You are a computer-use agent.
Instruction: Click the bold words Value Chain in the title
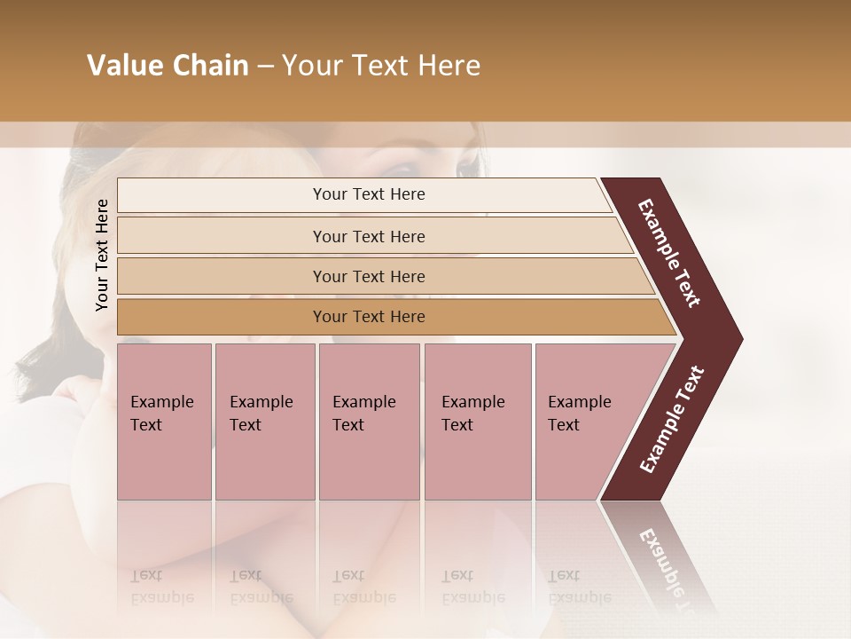(168, 66)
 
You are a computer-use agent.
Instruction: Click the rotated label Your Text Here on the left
(103, 255)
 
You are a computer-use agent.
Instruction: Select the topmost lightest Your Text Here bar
(368, 194)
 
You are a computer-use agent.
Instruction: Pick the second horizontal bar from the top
(368, 236)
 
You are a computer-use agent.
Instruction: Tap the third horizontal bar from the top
(368, 276)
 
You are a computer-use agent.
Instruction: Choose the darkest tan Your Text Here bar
(368, 317)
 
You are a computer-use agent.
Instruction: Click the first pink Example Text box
(164, 421)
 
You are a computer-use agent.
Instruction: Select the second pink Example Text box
(264, 421)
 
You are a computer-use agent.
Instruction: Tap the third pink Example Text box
(369, 421)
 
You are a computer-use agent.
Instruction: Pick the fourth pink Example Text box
(477, 421)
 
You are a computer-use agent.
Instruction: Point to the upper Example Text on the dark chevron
(669, 253)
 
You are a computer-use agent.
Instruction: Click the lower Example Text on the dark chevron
(671, 420)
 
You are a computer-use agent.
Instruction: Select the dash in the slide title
(265, 66)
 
